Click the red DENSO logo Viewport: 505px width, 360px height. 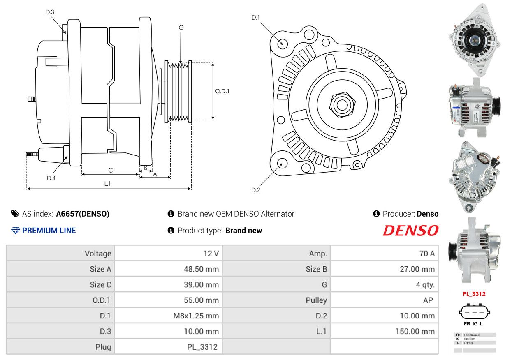tap(410, 231)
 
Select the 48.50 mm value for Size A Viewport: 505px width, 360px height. tap(201, 269)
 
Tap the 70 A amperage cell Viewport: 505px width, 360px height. tap(427, 254)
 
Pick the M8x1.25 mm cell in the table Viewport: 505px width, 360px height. tap(196, 316)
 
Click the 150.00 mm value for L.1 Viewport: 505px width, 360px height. tap(415, 331)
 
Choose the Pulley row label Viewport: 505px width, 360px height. tap(316, 300)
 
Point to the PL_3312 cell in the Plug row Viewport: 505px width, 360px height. tap(202, 347)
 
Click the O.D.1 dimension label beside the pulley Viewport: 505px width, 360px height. tap(222, 91)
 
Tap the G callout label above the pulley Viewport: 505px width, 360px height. tap(181, 28)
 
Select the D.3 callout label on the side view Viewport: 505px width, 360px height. tap(50, 12)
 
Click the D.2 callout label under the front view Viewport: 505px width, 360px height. tap(256, 190)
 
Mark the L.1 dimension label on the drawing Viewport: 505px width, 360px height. tap(107, 184)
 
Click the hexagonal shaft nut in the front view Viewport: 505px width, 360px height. tap(342, 104)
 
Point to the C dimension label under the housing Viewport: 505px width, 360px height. tap(110, 170)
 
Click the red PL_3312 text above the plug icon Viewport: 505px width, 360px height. tap(474, 294)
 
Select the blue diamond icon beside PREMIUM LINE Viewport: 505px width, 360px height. tap(15, 231)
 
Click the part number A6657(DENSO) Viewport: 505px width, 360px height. tap(83, 214)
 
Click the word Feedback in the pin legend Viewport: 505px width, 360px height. tap(472, 335)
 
